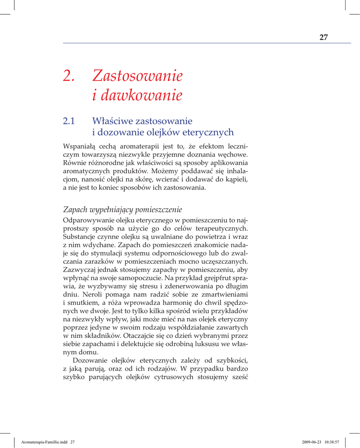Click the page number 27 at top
pos(324,37)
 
